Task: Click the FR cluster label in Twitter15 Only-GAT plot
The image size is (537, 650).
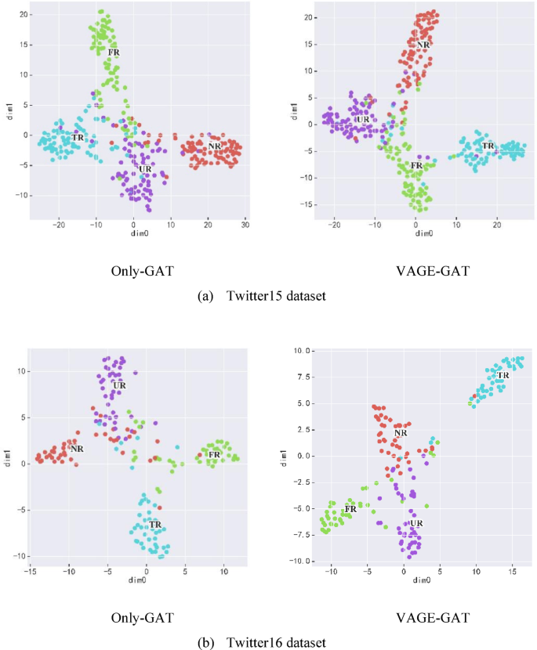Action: (114, 52)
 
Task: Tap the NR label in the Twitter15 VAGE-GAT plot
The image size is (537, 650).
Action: (424, 45)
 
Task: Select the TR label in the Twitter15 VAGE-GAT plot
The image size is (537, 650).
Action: (488, 146)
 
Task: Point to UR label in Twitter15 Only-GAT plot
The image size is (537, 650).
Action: (145, 169)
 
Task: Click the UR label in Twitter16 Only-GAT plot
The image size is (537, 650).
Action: (119, 385)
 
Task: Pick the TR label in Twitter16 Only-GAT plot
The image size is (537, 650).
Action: (154, 525)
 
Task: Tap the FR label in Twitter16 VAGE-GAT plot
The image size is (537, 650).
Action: (350, 509)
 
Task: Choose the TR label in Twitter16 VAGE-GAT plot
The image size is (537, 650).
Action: (503, 375)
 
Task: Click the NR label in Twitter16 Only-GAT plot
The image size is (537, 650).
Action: (76, 449)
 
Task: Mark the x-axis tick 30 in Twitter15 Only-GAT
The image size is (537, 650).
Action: (245, 226)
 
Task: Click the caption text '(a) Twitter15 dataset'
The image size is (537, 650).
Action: (268, 297)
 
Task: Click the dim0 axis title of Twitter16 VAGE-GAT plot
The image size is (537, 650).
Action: (422, 580)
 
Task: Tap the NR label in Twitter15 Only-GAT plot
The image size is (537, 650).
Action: (213, 146)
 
